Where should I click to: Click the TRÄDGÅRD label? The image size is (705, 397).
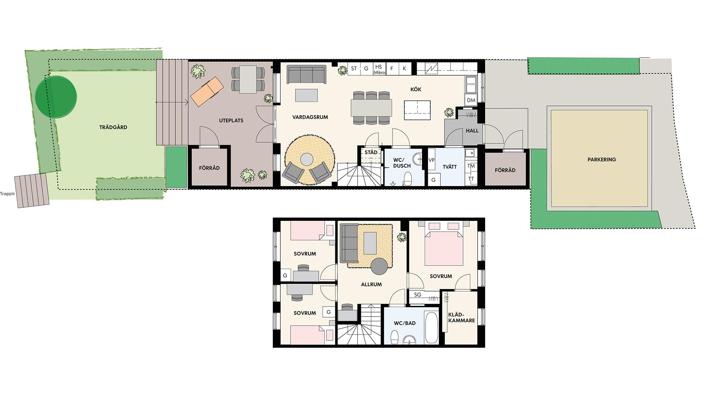(113, 127)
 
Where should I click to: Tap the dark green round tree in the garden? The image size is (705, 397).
(56, 97)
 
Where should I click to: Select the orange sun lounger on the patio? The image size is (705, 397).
(207, 92)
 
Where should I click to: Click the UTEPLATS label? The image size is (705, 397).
(231, 121)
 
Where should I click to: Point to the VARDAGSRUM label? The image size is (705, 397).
(310, 117)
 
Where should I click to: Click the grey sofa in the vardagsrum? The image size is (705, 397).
(307, 75)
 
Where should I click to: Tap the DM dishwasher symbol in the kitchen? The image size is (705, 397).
(471, 100)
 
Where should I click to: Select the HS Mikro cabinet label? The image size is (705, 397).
(379, 69)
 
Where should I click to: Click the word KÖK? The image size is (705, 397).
(416, 89)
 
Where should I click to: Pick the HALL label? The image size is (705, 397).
(472, 130)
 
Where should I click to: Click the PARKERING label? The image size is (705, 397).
(601, 160)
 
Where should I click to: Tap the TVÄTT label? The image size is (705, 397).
(449, 167)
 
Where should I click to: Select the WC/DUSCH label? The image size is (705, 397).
(402, 163)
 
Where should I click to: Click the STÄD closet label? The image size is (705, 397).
(371, 152)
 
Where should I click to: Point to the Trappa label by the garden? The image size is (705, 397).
(7, 194)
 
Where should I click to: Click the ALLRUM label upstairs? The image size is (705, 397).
(371, 285)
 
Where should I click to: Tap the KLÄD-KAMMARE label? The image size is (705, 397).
(462, 318)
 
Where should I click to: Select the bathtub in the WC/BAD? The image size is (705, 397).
(431, 328)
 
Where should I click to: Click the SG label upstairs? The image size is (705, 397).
(417, 295)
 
